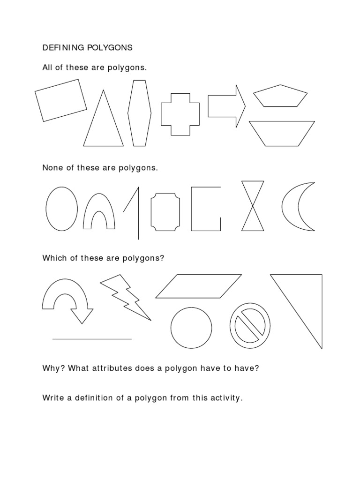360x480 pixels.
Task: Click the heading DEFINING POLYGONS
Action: [88, 47]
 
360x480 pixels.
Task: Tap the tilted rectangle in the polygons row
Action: [61, 100]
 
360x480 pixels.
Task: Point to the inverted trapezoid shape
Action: [282, 133]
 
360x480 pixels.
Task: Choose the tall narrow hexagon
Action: [140, 113]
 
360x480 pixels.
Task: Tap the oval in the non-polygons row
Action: [61, 209]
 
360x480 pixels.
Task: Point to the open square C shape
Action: [199, 209]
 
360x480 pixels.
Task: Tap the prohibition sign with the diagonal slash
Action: [250, 329]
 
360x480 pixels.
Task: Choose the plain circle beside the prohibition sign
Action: [191, 329]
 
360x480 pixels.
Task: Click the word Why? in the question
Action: [53, 368]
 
